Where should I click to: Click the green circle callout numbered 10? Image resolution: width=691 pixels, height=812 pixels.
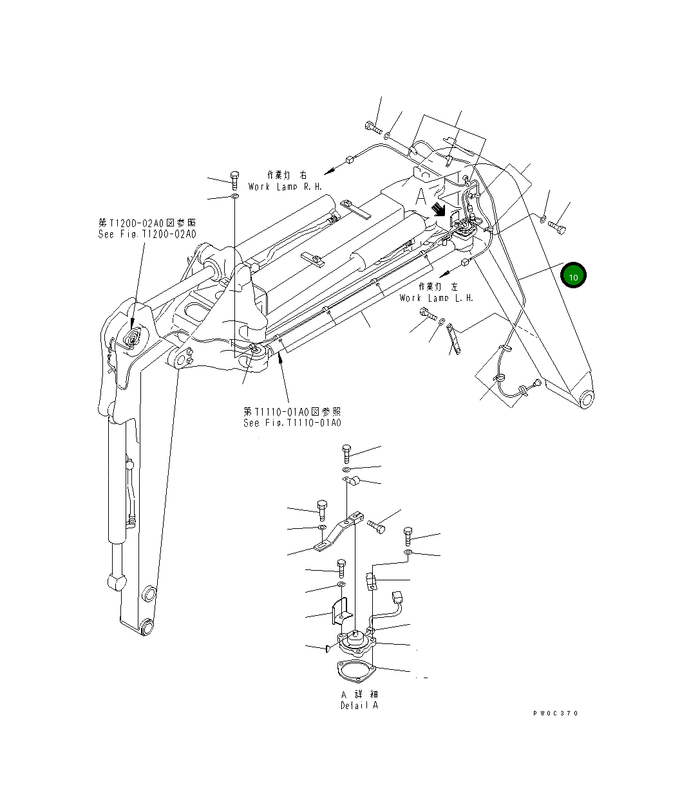point(573,275)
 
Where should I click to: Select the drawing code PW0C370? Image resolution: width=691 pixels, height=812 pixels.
point(556,714)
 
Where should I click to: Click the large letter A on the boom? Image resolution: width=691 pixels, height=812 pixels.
point(421,197)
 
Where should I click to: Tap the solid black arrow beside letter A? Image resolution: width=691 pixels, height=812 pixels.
point(439,209)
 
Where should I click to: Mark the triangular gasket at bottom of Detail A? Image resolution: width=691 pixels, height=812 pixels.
point(354,669)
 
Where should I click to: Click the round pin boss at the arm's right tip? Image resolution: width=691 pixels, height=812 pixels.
point(587,399)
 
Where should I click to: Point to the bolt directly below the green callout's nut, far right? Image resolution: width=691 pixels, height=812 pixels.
point(558,228)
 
